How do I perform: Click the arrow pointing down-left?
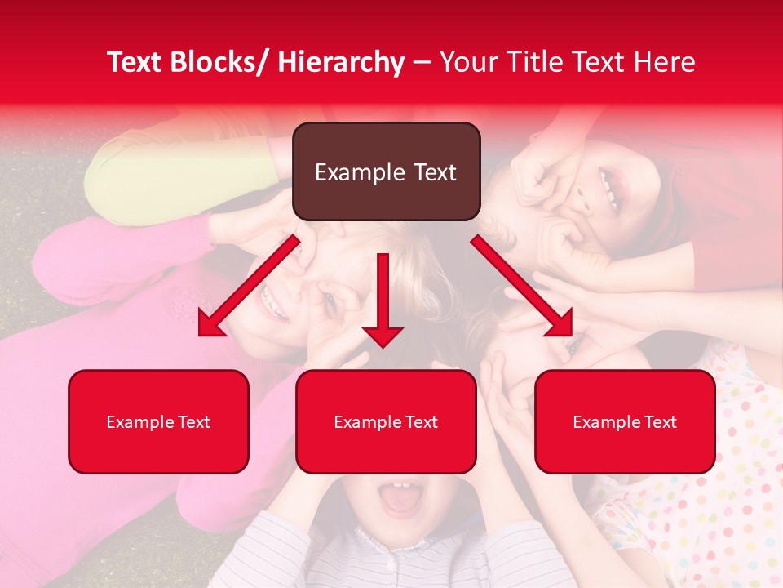(248, 286)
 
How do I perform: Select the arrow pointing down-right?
(522, 286)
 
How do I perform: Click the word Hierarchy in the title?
(341, 62)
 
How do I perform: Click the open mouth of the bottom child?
(400, 498)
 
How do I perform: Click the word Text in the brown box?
(434, 172)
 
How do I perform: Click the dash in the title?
(422, 63)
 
